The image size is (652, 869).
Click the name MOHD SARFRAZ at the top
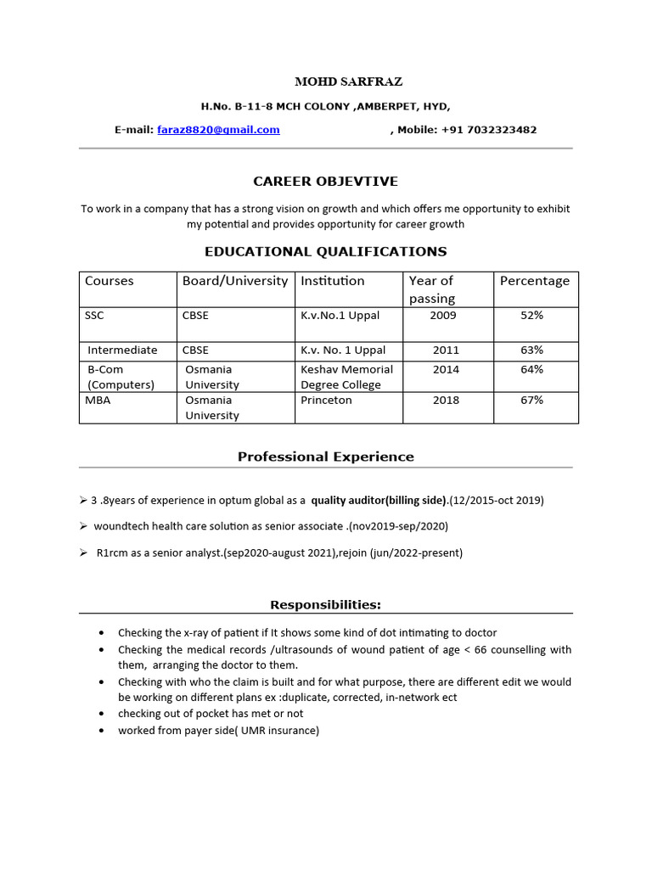click(336, 82)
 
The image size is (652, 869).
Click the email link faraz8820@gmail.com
click(218, 130)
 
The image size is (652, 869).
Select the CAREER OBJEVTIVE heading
click(325, 182)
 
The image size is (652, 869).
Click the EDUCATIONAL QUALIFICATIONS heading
click(325, 251)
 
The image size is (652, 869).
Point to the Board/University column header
click(234, 281)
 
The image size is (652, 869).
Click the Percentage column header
click(534, 281)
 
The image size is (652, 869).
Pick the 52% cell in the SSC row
click(531, 315)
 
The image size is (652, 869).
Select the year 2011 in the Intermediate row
click(446, 350)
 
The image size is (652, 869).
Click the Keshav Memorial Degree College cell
click(346, 377)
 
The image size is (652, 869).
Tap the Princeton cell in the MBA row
click(326, 400)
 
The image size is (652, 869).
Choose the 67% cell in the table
click(531, 400)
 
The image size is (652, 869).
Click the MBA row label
click(98, 400)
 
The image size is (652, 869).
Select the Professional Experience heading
click(325, 457)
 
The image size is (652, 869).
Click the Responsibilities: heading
click(325, 605)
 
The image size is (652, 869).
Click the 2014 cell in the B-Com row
click(446, 369)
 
